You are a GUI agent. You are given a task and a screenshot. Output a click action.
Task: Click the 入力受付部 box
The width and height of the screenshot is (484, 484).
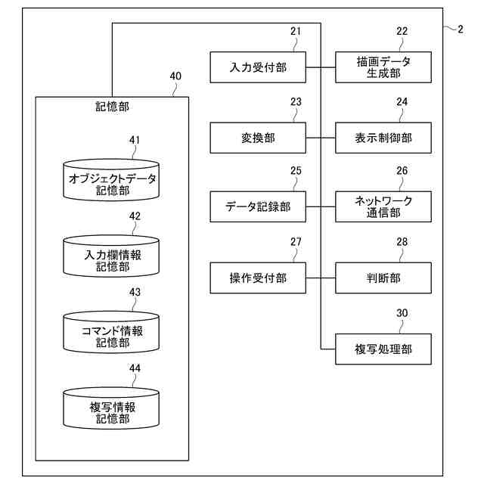coord(258,67)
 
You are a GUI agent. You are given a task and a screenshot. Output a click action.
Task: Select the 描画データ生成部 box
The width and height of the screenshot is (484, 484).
coord(383,67)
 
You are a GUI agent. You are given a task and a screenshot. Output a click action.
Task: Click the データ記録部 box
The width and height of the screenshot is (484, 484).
coord(258,206)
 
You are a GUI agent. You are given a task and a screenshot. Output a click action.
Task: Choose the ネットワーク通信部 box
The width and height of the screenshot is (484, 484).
coord(383,206)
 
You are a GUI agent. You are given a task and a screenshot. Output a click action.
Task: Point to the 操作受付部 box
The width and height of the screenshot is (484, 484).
coord(258,278)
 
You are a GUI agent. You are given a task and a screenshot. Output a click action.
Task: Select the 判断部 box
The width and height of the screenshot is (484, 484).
coord(383,278)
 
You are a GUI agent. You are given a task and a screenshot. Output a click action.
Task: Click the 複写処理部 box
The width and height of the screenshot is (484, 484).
coord(383,349)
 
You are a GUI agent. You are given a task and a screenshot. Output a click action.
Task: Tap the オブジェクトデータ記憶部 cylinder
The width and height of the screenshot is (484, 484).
coord(112,180)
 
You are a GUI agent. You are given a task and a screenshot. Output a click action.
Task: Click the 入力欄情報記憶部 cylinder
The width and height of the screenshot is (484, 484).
coord(112,256)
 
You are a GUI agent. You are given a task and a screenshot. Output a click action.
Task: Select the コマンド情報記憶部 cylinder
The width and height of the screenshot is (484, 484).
coord(112,332)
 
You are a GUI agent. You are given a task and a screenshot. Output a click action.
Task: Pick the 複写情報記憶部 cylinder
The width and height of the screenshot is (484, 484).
coord(112,408)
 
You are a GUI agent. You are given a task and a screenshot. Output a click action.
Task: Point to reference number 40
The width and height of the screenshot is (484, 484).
coord(175,76)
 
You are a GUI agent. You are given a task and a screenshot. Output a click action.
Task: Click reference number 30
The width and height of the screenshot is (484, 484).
coord(402,312)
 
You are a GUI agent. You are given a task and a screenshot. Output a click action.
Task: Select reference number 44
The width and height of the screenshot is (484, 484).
coord(135,368)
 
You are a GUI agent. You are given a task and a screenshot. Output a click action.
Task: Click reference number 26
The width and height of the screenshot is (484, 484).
coord(402,171)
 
